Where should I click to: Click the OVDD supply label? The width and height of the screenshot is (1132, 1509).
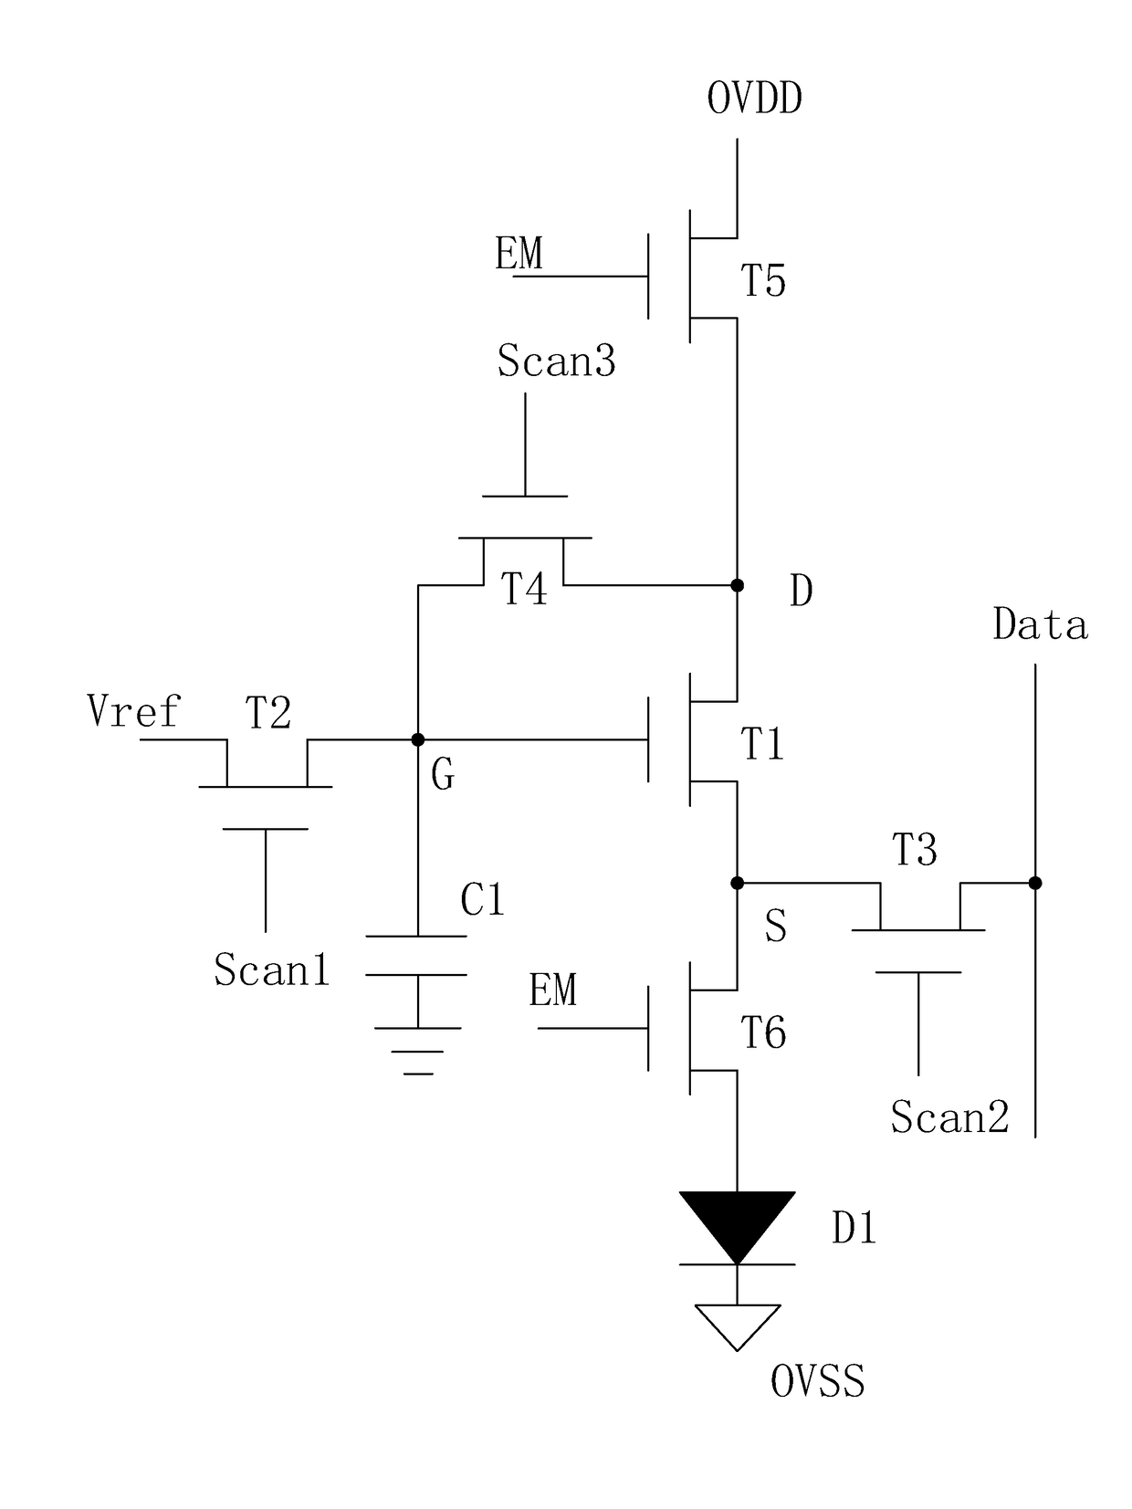click(755, 99)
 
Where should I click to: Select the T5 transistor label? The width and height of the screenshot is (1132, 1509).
click(763, 280)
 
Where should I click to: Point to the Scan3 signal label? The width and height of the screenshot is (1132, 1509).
click(556, 361)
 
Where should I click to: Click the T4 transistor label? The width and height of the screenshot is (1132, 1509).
click(524, 589)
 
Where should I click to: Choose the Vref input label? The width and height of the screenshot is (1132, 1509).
click(133, 710)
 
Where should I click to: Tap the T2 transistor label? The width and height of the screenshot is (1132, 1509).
click(268, 712)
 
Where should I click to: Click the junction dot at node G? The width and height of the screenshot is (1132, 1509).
click(418, 739)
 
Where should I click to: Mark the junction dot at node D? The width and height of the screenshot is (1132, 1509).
click(738, 585)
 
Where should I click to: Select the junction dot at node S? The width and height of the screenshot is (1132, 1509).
click(738, 883)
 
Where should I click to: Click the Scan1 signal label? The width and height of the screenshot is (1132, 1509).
click(272, 969)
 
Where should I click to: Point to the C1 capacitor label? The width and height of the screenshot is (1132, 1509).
click(483, 899)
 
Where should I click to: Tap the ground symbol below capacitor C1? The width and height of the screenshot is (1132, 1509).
click(418, 1051)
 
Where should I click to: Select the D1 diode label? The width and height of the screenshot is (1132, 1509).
click(854, 1227)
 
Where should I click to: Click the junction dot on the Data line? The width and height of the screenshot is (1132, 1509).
click(1036, 883)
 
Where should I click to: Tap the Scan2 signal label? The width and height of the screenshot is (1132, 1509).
click(949, 1116)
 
